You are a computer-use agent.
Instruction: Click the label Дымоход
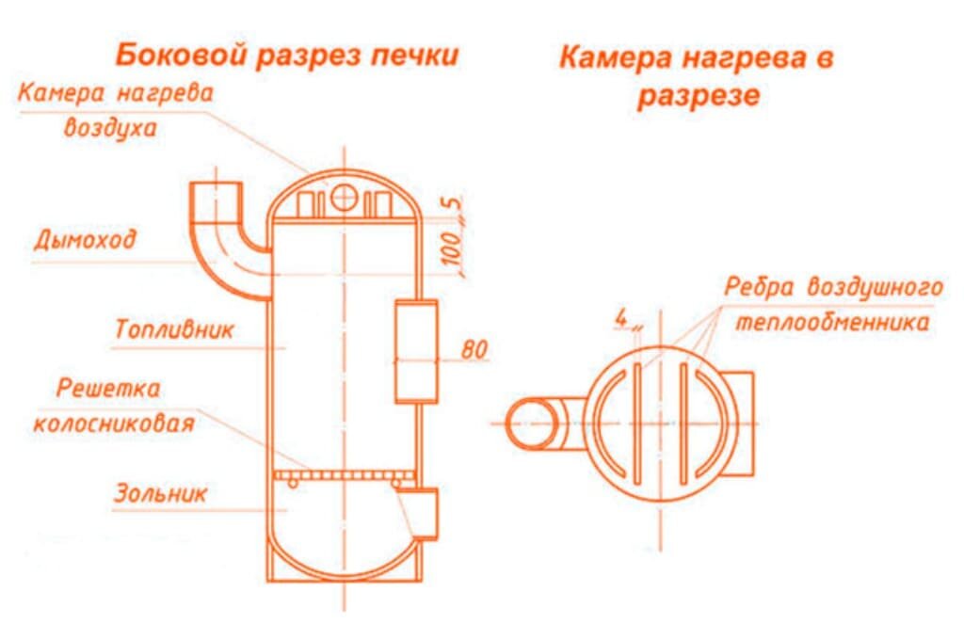click(x=85, y=240)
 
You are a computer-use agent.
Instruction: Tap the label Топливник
click(x=174, y=330)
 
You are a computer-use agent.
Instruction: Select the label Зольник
click(x=160, y=493)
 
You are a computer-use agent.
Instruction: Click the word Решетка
click(x=108, y=389)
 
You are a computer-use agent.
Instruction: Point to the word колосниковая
click(x=114, y=424)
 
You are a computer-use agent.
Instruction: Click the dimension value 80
click(x=474, y=350)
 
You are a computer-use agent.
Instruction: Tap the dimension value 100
click(x=452, y=249)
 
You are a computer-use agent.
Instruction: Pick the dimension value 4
click(x=621, y=318)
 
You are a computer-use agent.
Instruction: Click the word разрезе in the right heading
click(x=699, y=97)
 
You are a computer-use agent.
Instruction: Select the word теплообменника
click(x=832, y=322)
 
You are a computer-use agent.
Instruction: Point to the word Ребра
click(x=759, y=287)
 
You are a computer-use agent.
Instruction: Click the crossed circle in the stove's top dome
click(x=344, y=198)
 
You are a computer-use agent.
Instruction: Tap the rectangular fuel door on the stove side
click(x=416, y=351)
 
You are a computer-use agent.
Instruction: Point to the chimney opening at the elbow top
click(x=216, y=184)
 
